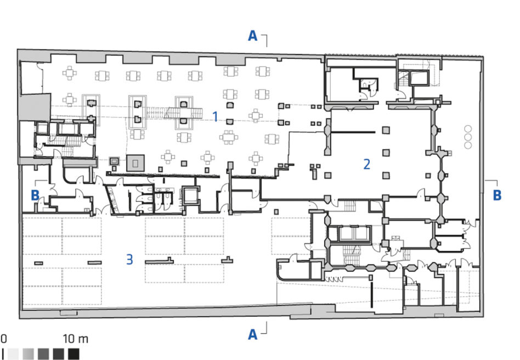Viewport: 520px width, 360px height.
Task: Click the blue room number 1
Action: pos(215,117)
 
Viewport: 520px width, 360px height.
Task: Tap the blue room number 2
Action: pos(366,164)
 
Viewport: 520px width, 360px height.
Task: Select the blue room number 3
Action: pos(129,259)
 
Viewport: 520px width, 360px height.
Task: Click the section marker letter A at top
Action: pos(253,36)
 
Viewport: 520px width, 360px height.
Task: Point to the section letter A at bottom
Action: pos(253,334)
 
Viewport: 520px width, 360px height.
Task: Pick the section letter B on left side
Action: pos(35,195)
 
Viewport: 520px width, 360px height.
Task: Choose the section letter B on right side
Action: pos(497,195)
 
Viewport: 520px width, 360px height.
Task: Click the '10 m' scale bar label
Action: pos(76,339)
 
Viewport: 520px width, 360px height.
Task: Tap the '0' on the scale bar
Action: pos(4,339)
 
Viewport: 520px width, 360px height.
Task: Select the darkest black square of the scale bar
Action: pos(74,354)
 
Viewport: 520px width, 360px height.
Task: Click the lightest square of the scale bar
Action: pos(13,354)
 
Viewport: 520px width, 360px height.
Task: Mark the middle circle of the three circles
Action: pos(468,137)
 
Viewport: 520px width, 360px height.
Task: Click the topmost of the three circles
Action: pos(468,128)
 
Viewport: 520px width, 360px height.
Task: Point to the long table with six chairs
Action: pos(229,137)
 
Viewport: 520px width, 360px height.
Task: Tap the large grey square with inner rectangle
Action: pos(135,163)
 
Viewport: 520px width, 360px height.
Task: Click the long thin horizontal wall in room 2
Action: pos(353,132)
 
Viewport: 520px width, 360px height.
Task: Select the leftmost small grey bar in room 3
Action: pos(39,263)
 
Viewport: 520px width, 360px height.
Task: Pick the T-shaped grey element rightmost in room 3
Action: pos(227,260)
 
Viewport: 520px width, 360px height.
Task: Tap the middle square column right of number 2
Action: pos(386,153)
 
